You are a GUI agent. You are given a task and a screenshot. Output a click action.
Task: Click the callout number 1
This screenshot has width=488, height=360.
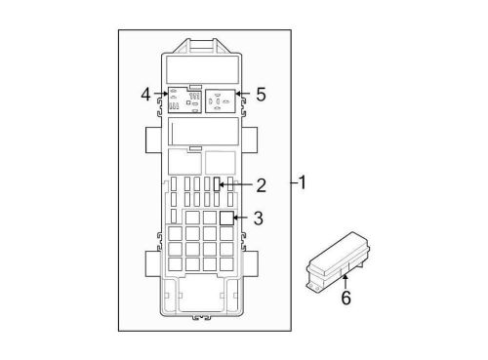click(x=304, y=182)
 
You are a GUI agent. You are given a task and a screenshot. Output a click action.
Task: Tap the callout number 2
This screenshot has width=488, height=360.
click(x=262, y=184)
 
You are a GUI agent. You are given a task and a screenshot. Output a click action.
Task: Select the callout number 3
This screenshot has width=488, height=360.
click(x=259, y=219)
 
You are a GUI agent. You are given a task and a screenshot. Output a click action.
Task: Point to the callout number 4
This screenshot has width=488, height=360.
click(x=145, y=95)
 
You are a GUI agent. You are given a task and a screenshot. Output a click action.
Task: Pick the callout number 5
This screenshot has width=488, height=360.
click(x=261, y=95)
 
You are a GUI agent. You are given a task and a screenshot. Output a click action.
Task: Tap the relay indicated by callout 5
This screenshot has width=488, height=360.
click(x=220, y=100)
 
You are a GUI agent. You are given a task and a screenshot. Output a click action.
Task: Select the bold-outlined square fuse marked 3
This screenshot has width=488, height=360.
click(x=226, y=218)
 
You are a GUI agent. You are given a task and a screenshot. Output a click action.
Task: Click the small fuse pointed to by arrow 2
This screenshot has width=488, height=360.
click(x=218, y=183)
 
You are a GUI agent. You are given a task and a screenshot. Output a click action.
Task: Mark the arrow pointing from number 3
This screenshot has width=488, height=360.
click(x=243, y=219)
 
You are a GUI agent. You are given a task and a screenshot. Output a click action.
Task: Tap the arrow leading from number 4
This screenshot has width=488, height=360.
click(x=160, y=95)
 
